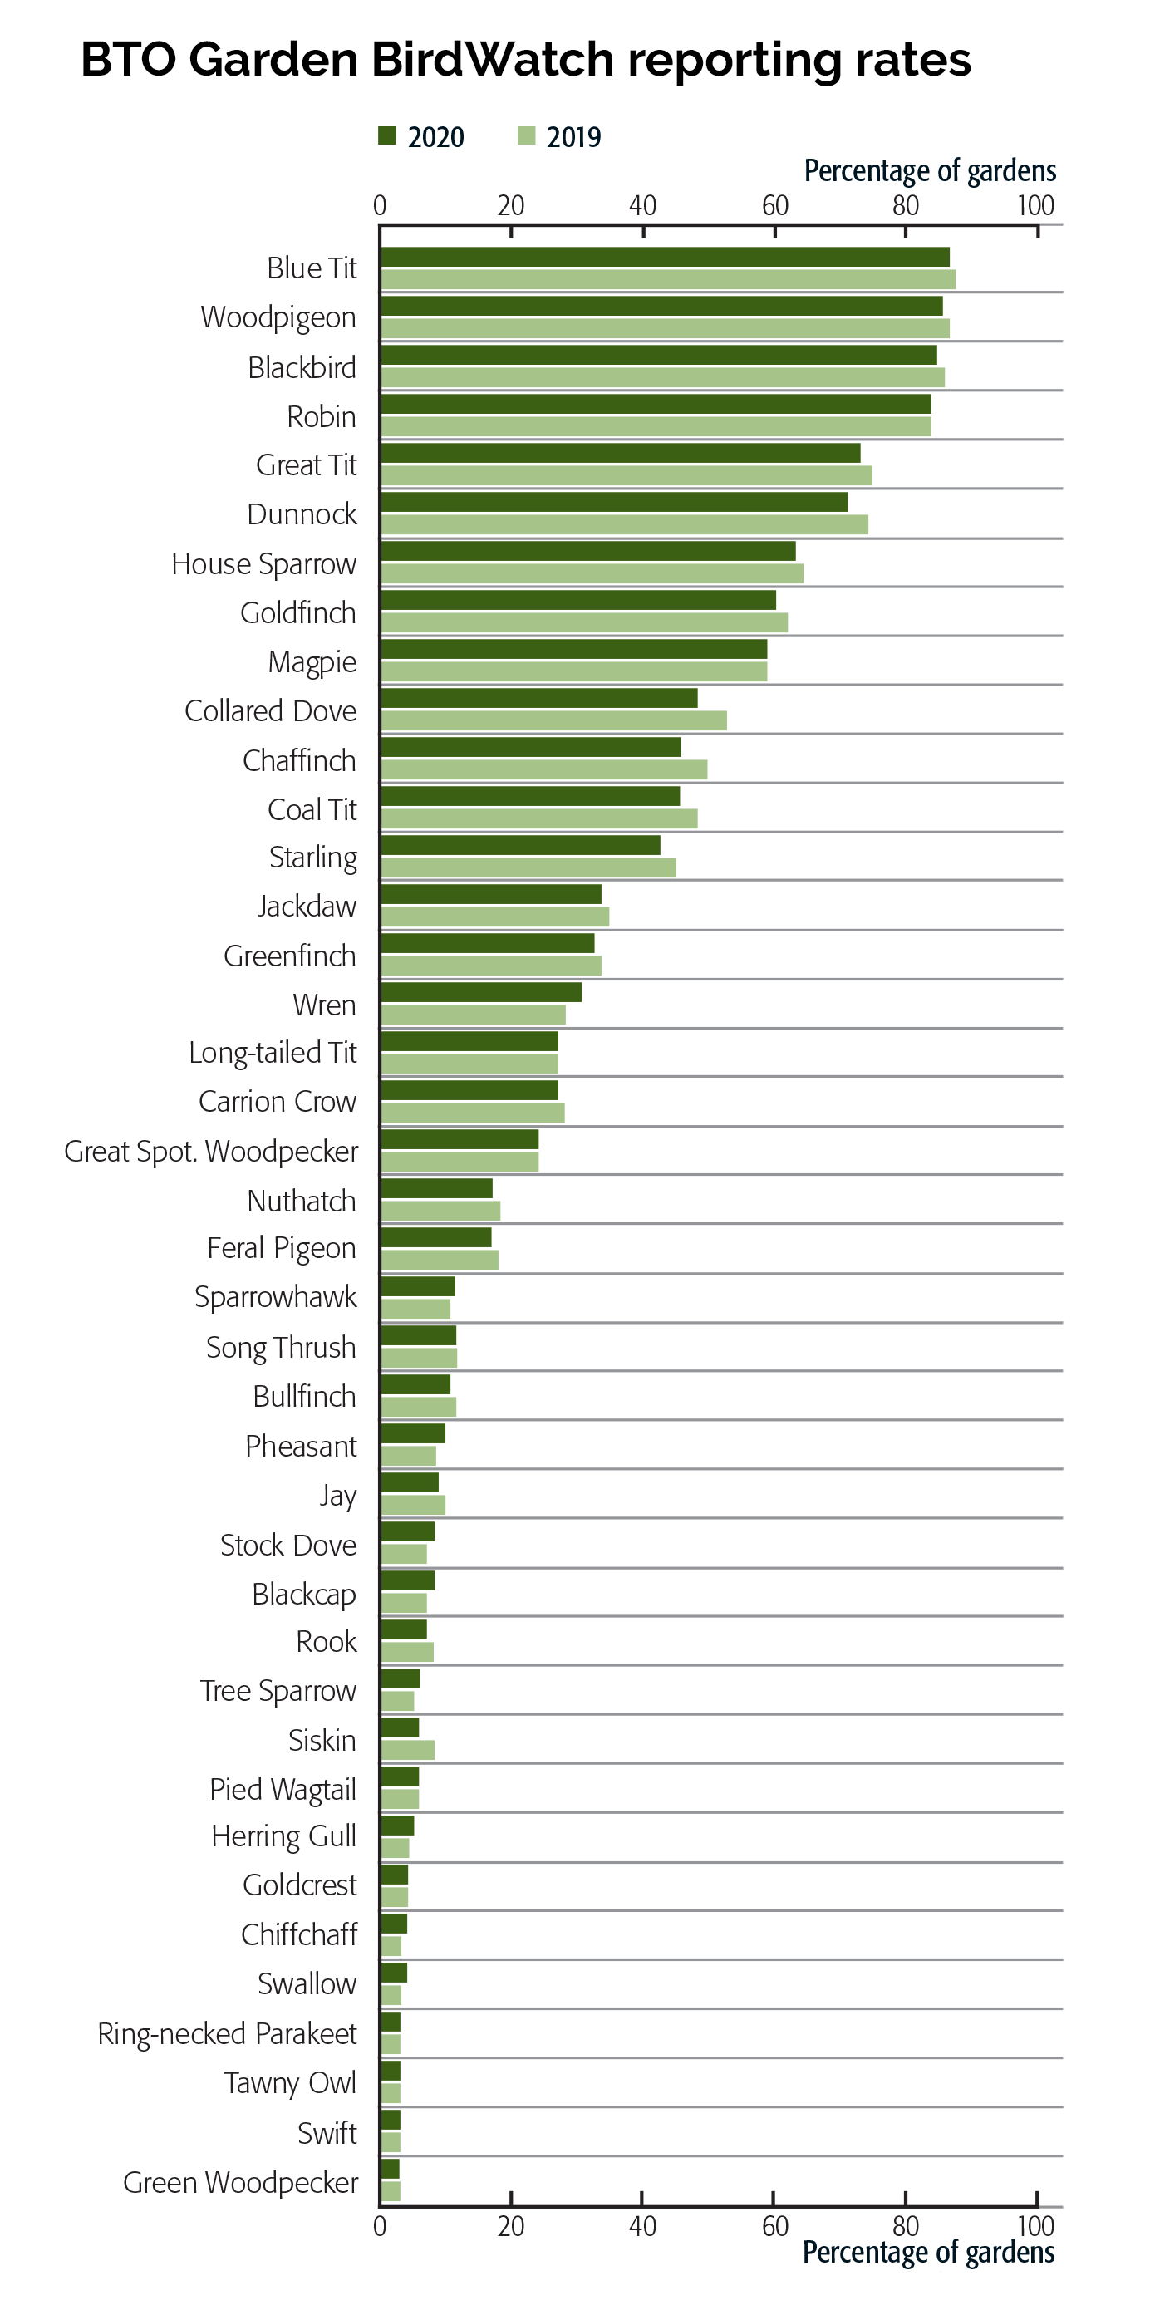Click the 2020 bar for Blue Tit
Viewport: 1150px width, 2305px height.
pyautogui.click(x=664, y=257)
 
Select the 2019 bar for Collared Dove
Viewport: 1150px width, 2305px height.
pyautogui.click(x=553, y=720)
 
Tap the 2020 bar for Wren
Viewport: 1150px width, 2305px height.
pyautogui.click(x=480, y=991)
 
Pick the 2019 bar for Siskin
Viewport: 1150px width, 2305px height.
pyautogui.click(x=407, y=1749)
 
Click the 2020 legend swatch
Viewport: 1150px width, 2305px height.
pyautogui.click(x=386, y=136)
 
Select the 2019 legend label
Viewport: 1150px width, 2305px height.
pyautogui.click(x=573, y=137)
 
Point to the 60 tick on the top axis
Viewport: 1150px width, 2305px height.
pyautogui.click(x=774, y=231)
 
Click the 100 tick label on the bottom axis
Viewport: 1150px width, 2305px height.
pyautogui.click(x=1035, y=2225)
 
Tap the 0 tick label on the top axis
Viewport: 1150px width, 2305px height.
pyautogui.click(x=380, y=206)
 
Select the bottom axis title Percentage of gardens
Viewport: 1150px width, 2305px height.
pyautogui.click(x=928, y=2252)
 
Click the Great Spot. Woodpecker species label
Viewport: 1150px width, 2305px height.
pyautogui.click(x=211, y=1152)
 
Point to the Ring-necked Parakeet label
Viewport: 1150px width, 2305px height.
pyautogui.click(x=228, y=2033)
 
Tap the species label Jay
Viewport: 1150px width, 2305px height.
pyautogui.click(x=338, y=1494)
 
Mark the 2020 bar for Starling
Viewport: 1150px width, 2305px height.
pyautogui.click(x=520, y=845)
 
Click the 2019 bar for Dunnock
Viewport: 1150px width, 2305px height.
pyautogui.click(x=624, y=524)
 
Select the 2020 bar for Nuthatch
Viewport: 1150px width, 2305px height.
pyautogui.click(x=436, y=1188)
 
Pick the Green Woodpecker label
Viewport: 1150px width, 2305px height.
pyautogui.click(x=241, y=2181)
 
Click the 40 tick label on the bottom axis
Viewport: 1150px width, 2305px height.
pyautogui.click(x=642, y=2225)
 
